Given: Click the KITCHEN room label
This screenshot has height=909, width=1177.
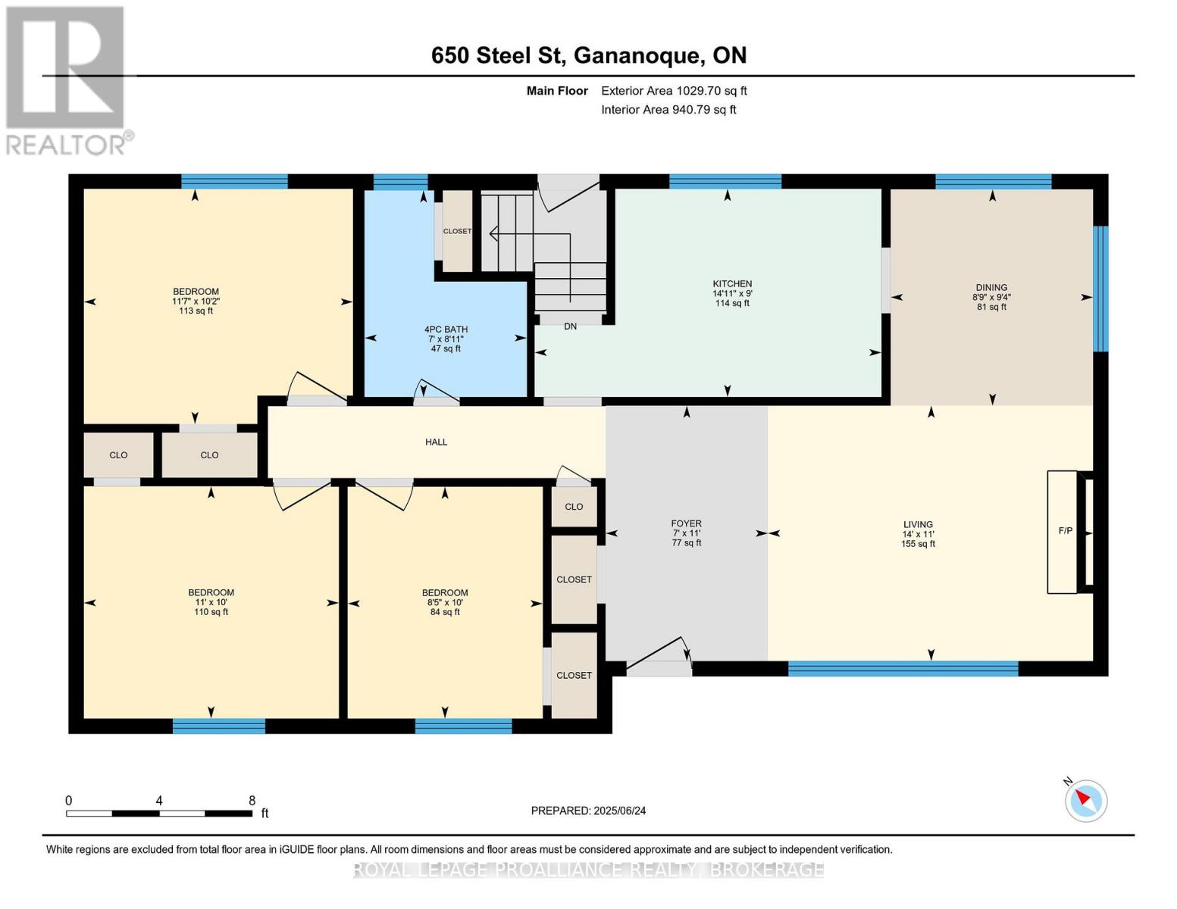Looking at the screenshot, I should pos(731,284).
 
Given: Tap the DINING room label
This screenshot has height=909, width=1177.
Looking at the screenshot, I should pos(991,288).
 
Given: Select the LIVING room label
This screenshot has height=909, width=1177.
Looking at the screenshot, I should pos(918,524).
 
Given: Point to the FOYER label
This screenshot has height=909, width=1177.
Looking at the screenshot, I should pos(686,523).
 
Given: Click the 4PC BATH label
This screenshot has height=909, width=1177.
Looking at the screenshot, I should pos(446,330).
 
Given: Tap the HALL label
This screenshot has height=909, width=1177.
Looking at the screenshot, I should pos(436,442).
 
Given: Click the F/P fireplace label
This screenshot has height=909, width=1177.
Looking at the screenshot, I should pos(1065,531).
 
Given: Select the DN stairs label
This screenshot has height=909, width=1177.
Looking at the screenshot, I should pos(570,326).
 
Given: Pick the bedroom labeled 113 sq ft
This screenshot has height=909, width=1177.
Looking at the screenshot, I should pos(196,301).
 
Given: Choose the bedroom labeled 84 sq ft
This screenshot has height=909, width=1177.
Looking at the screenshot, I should pos(445,602).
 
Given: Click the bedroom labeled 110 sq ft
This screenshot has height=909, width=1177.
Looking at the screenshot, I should pos(211,602).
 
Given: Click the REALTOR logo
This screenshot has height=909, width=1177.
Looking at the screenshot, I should pos(66,80).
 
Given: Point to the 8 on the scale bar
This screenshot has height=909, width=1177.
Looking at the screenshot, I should pos(252,801).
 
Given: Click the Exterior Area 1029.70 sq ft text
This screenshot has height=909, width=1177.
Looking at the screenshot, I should pos(674,91).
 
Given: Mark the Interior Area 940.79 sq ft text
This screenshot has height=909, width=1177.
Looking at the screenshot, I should pos(668,110).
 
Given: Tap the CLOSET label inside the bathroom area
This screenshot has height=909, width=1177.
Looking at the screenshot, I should pos(457,231).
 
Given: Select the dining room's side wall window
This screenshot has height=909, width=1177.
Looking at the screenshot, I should pos(1101,289).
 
